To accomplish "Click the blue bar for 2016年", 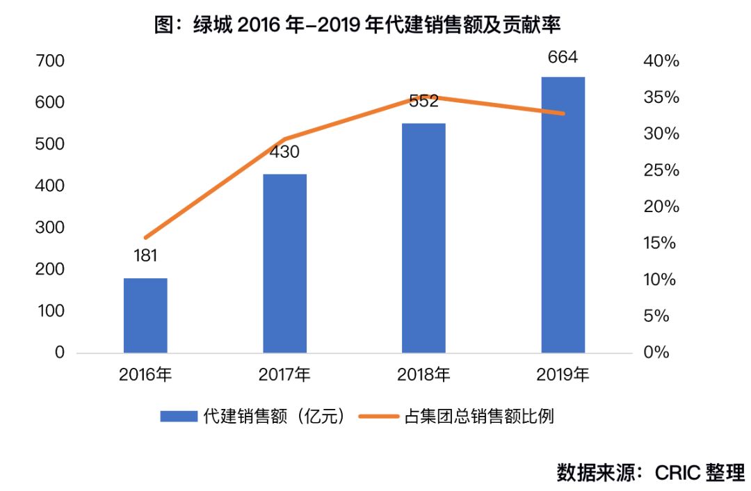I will click(145, 315).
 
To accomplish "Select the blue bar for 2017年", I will click(284, 263).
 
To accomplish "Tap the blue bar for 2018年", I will click(423, 238).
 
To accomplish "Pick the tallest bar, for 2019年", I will click(563, 214).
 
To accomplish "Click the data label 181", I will click(145, 255).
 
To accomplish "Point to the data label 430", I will click(284, 152).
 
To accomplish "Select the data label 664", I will click(563, 57).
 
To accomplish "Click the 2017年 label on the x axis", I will click(284, 376).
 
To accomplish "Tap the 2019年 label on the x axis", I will click(563, 376).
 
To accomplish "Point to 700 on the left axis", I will click(49, 61).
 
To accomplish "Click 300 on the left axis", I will click(49, 227).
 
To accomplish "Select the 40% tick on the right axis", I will click(661, 61).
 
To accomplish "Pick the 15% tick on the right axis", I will click(661, 243).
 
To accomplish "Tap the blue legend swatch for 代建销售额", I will click(178, 417).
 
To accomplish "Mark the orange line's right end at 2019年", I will click(563, 113).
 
